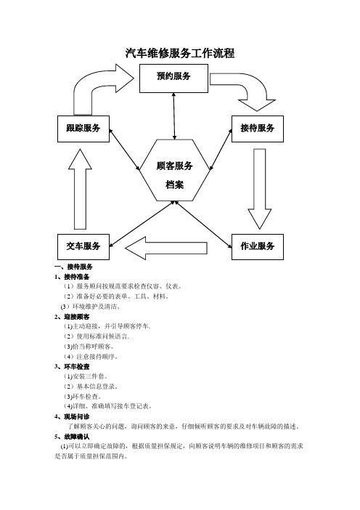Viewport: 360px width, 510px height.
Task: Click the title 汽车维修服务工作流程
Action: click(180, 53)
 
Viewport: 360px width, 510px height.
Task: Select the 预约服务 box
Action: click(173, 78)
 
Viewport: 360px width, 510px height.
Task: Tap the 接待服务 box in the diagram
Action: click(258, 129)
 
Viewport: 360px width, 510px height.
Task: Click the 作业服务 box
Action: click(258, 247)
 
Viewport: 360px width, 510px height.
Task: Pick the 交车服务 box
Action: click(83, 247)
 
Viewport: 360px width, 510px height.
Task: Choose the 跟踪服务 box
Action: click(83, 129)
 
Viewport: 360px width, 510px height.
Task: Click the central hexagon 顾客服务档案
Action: click(175, 171)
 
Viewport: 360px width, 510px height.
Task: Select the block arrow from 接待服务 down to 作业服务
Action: click(260, 189)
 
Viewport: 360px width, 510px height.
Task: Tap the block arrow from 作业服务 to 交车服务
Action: click(166, 248)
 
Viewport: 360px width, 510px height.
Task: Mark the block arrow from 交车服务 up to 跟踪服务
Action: click(80, 190)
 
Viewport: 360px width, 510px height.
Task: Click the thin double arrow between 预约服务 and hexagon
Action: click(174, 116)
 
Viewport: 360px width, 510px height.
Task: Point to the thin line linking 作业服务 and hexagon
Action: click(204, 224)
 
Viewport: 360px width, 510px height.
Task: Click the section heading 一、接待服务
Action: click(74, 267)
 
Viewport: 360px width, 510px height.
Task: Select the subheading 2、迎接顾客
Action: click(72, 317)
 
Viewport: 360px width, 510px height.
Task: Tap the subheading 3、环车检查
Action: click(72, 367)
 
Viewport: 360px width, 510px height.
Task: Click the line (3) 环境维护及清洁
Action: click(91, 307)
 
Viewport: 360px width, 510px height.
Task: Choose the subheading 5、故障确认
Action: click(72, 437)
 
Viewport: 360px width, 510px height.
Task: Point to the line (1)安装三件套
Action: click(86, 376)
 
